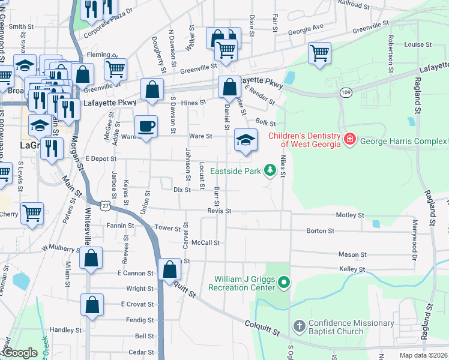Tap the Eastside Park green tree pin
pos(270,172)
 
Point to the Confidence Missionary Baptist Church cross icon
pos(298,327)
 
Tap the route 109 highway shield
pos(345,92)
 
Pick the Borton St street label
pos(320,230)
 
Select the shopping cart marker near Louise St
pos(320,53)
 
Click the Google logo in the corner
pos(20,353)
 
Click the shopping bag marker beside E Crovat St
pos(92,305)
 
